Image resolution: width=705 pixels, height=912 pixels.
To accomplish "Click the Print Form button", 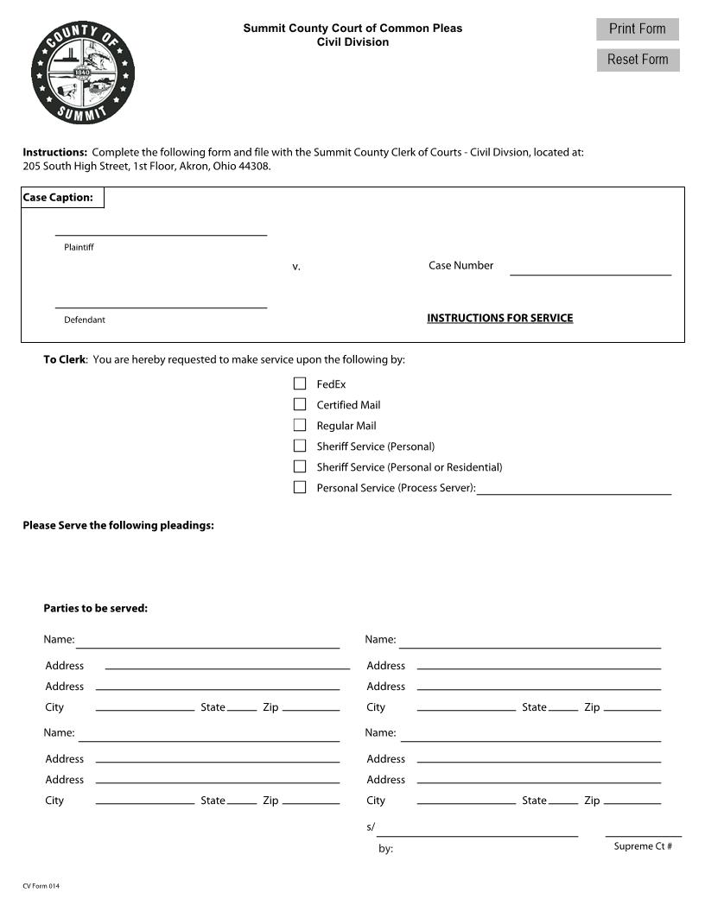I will [637, 29].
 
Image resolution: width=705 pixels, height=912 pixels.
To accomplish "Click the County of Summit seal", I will [83, 73].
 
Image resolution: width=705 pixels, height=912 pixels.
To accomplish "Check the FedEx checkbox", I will [300, 383].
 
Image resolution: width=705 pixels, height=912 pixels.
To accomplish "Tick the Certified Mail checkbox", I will [300, 404].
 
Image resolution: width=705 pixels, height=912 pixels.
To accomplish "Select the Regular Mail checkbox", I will [300, 425].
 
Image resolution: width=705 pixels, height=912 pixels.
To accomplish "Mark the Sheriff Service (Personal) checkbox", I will [300, 446].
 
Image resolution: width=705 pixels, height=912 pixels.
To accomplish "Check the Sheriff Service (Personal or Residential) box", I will [300, 466].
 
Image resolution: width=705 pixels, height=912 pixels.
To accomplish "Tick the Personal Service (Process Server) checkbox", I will [300, 487].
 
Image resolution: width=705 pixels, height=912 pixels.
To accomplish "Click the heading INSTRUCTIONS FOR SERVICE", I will [499, 318].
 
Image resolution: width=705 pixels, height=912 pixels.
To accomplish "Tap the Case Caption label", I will [58, 198].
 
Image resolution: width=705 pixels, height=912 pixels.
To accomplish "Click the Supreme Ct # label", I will [643, 846].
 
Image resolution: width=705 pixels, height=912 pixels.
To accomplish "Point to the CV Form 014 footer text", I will [41, 886].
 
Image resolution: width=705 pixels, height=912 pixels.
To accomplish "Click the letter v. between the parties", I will [296, 267].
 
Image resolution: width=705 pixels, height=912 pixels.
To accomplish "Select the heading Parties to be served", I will [96, 608].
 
